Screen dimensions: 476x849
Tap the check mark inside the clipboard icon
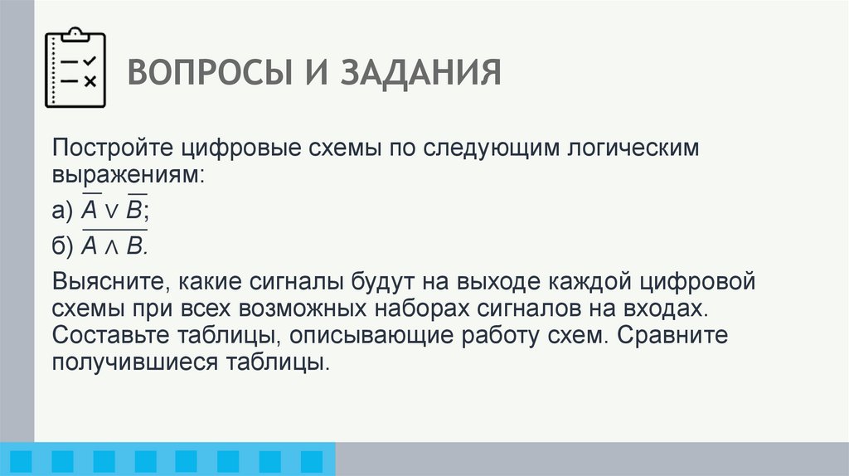pos(90,61)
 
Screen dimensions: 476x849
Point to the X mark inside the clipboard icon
pos(90,80)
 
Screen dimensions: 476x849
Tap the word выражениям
pos(127,177)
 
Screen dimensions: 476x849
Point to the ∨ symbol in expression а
pos(111,212)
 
